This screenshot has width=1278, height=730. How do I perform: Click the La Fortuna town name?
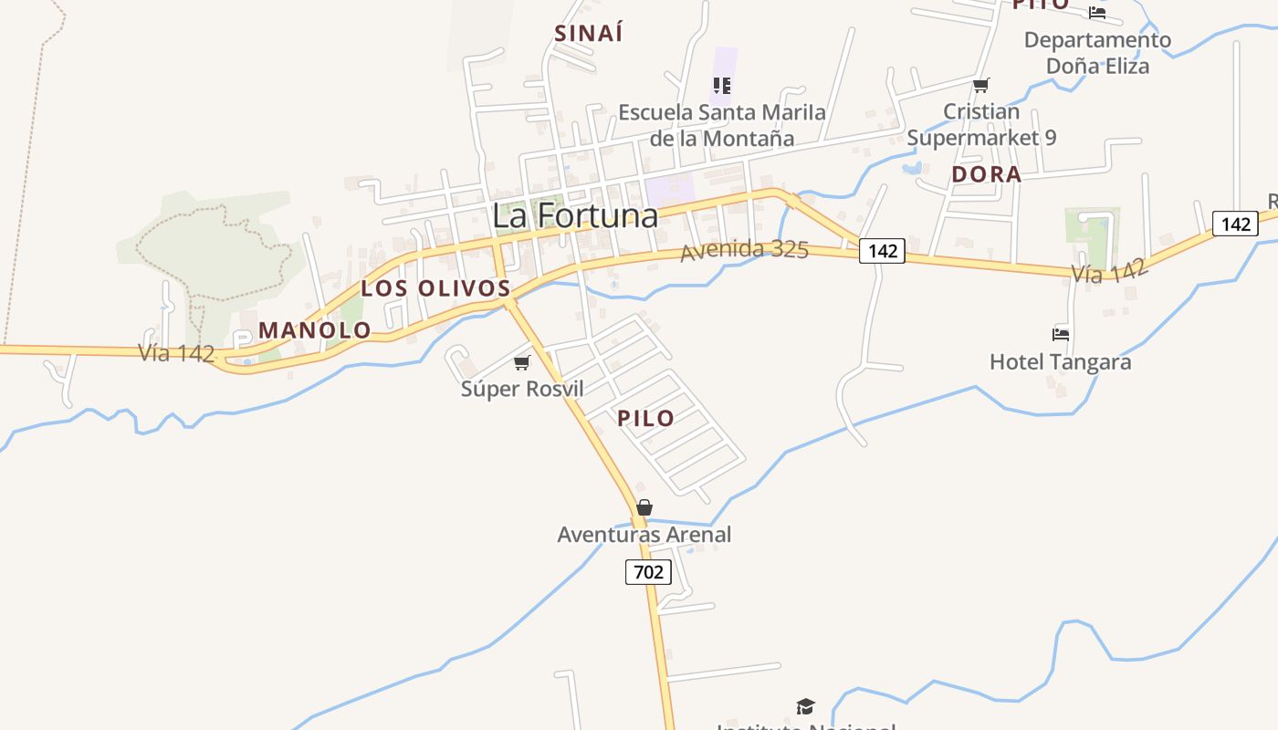pyautogui.click(x=575, y=215)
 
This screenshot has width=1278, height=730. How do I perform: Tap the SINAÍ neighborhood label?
pyautogui.click(x=589, y=34)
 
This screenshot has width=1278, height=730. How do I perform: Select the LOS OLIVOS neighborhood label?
pyautogui.click(x=435, y=288)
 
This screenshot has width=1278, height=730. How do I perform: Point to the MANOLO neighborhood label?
pyautogui.click(x=315, y=330)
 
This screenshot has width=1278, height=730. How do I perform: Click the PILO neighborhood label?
pyautogui.click(x=646, y=419)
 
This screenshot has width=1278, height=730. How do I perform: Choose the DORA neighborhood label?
pyautogui.click(x=987, y=174)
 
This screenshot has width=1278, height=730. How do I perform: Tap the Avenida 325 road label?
pyautogui.click(x=744, y=249)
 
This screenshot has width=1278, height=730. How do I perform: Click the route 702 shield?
pyautogui.click(x=648, y=572)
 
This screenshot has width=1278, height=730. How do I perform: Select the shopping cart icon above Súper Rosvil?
pyautogui.click(x=522, y=363)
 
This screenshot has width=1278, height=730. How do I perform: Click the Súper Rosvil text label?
pyautogui.click(x=522, y=389)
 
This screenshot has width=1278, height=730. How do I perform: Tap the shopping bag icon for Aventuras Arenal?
pyautogui.click(x=644, y=507)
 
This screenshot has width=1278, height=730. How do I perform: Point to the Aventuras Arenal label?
pyautogui.click(x=644, y=535)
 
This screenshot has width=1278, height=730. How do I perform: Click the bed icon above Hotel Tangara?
pyautogui.click(x=1061, y=335)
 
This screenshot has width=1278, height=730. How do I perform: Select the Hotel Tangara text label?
pyautogui.click(x=1061, y=362)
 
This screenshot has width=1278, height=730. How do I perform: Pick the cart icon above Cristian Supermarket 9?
pyautogui.click(x=981, y=86)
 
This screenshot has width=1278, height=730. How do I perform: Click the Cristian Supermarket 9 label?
pyautogui.click(x=981, y=125)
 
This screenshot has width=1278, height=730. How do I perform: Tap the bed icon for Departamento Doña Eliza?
pyautogui.click(x=1097, y=13)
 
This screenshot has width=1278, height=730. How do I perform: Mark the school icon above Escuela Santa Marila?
pyautogui.click(x=722, y=86)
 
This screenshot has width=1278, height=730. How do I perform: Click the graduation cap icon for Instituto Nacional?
pyautogui.click(x=805, y=706)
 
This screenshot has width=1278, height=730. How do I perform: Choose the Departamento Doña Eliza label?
pyautogui.click(x=1097, y=53)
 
